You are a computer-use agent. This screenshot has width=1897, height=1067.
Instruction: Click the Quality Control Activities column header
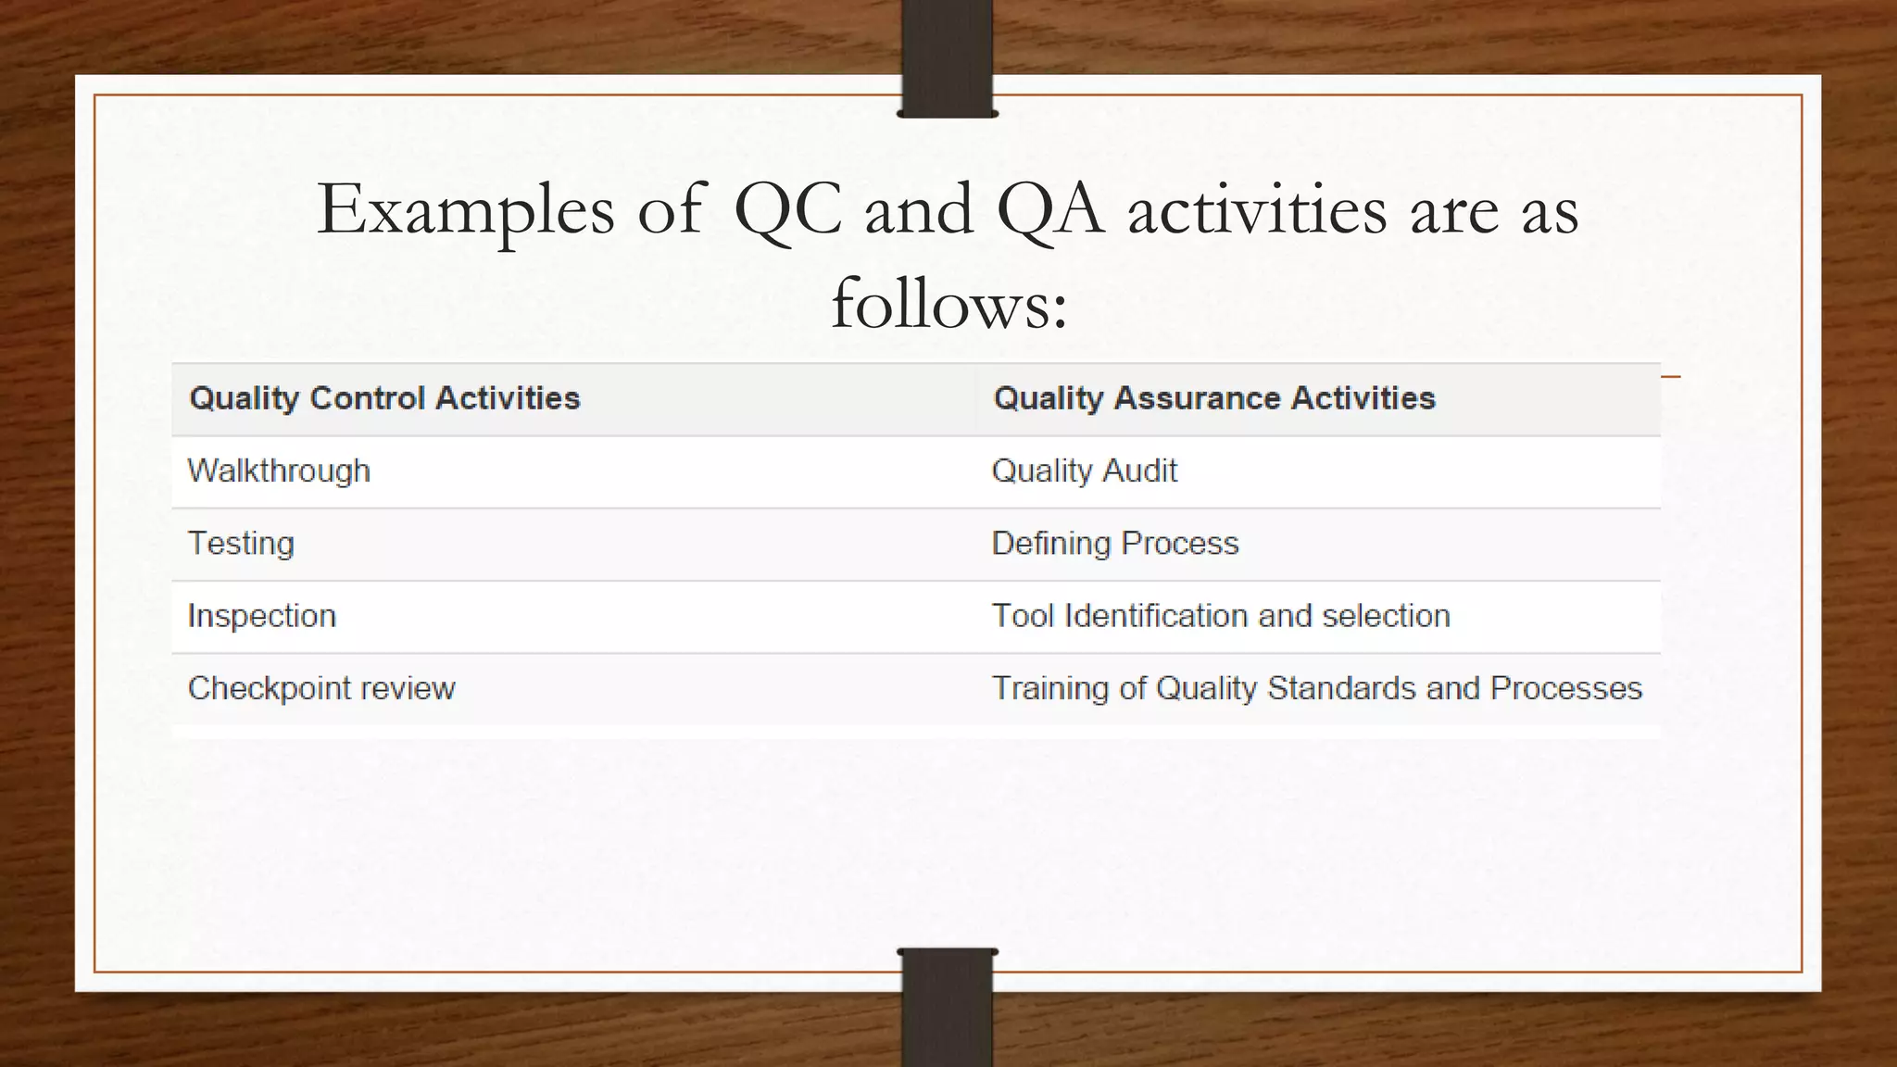tap(384, 398)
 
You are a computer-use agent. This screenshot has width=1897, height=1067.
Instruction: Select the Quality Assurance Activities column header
tap(1213, 398)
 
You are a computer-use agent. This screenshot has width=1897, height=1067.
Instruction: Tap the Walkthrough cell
tap(279, 471)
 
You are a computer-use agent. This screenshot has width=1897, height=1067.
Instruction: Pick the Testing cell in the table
tap(241, 544)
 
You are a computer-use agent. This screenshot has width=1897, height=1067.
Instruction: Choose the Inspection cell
tap(262, 616)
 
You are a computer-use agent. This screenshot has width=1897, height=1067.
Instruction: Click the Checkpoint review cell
tap(321, 689)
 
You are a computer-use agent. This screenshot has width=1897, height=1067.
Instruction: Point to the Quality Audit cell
tap(1084, 471)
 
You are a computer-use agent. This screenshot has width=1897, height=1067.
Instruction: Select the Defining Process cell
tap(1114, 544)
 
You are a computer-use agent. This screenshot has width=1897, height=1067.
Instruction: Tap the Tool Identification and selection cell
tap(1220, 616)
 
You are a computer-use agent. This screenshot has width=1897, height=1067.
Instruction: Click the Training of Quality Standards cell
tap(1316, 689)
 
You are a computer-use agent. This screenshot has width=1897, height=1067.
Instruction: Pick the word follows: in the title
tap(949, 305)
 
